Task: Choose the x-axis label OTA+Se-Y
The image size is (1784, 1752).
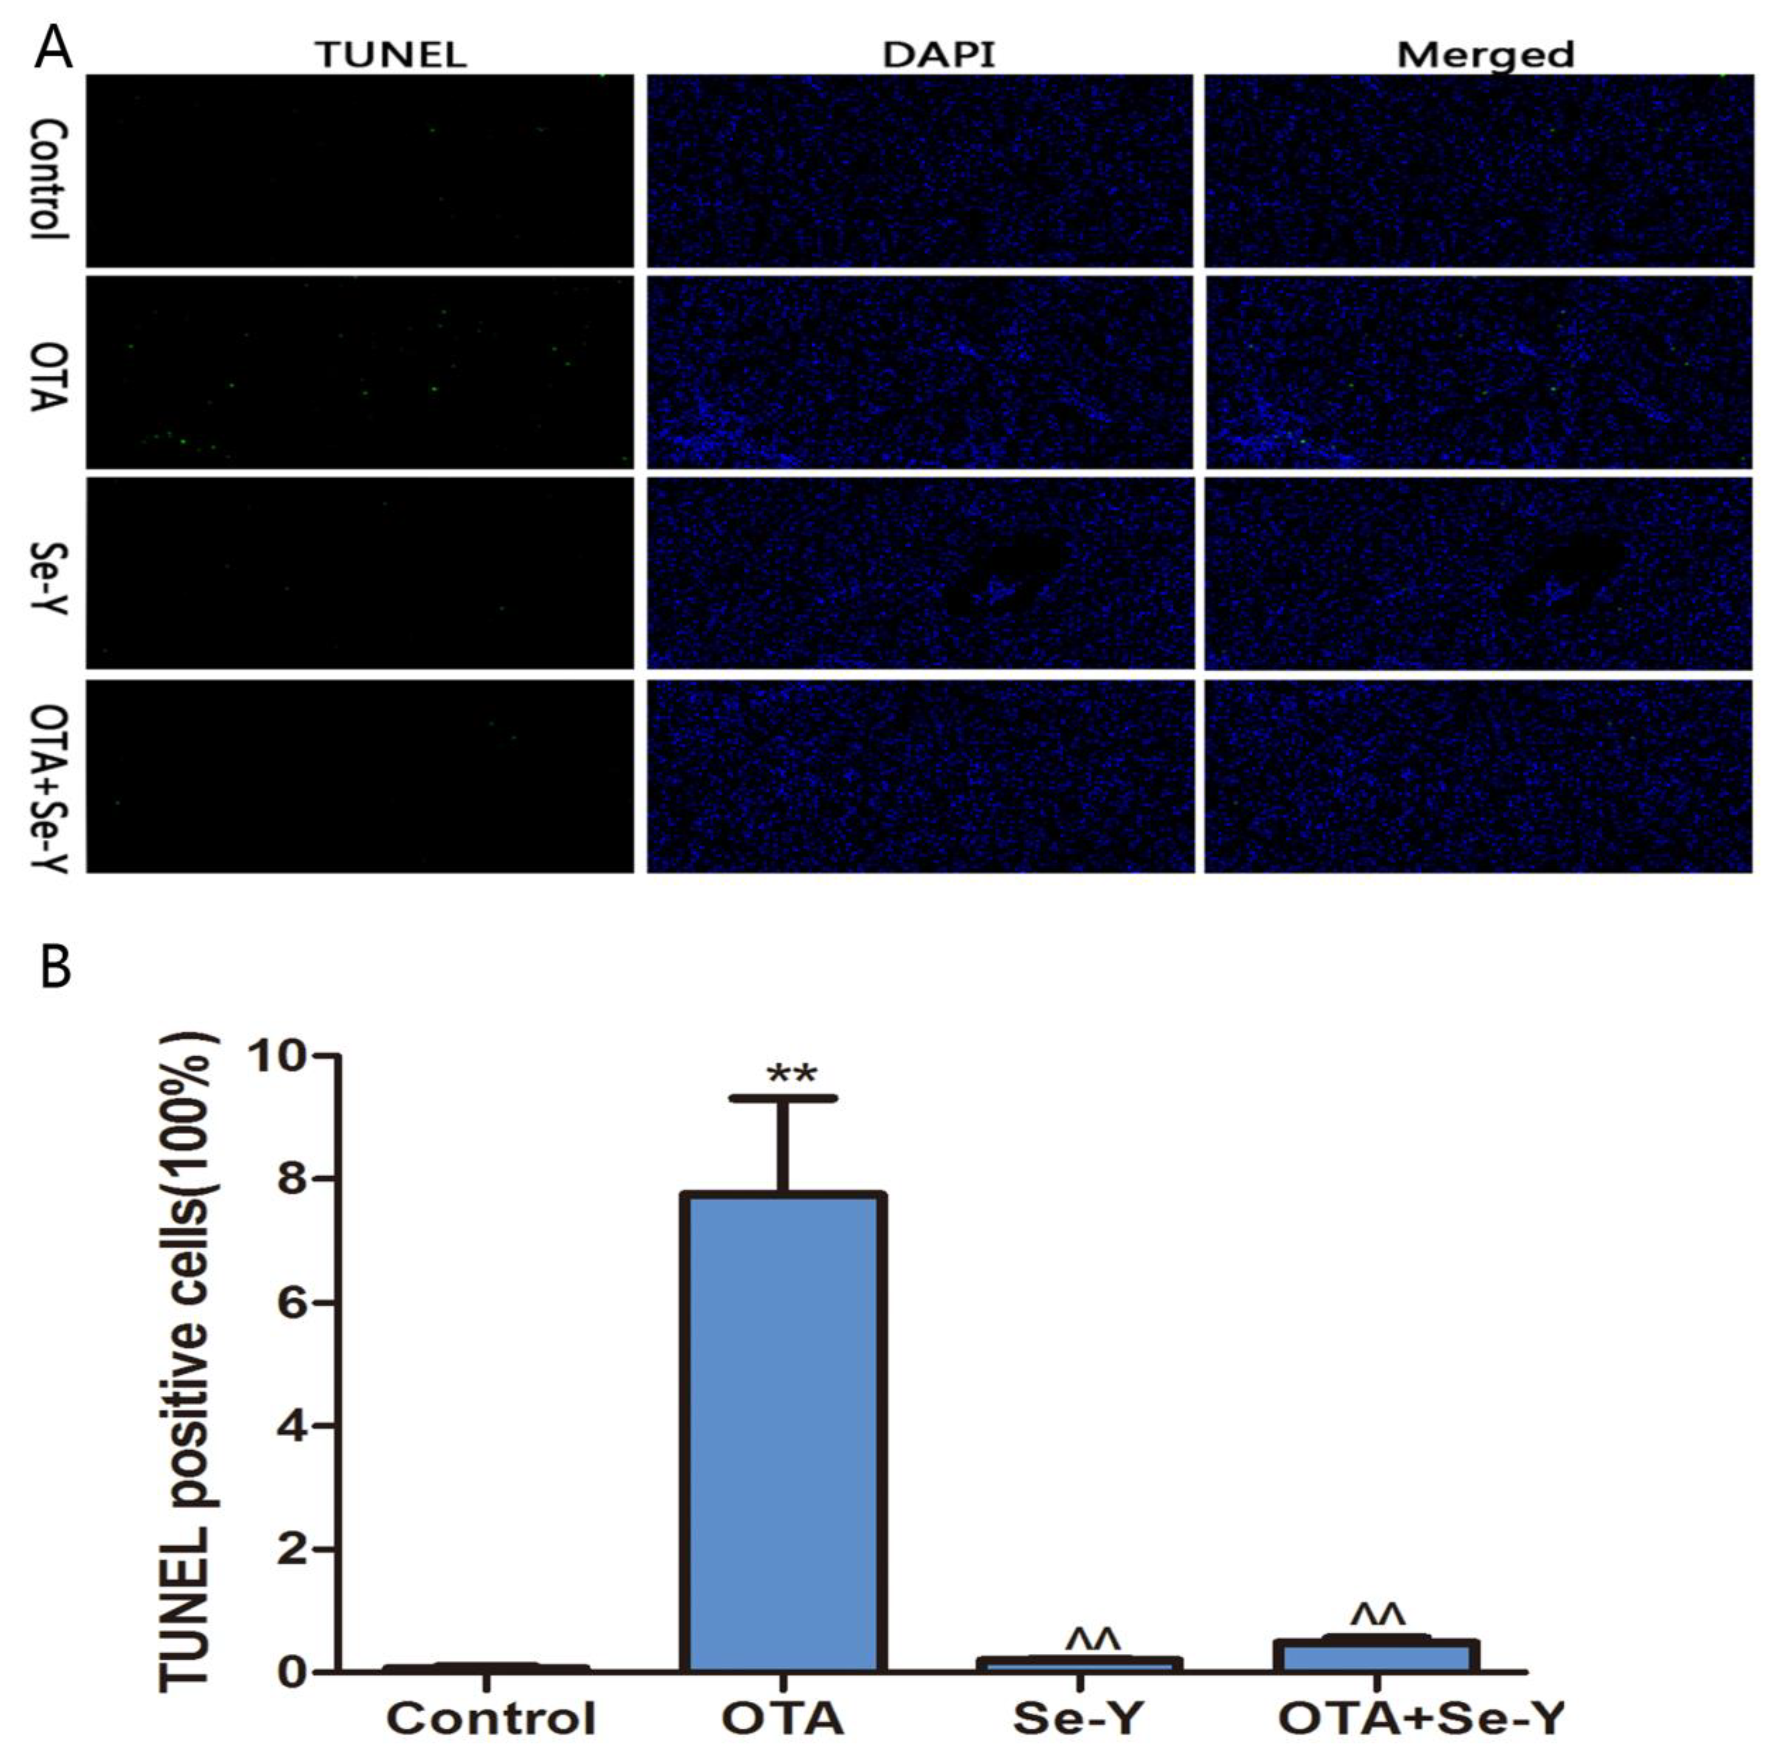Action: click(1422, 1717)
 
